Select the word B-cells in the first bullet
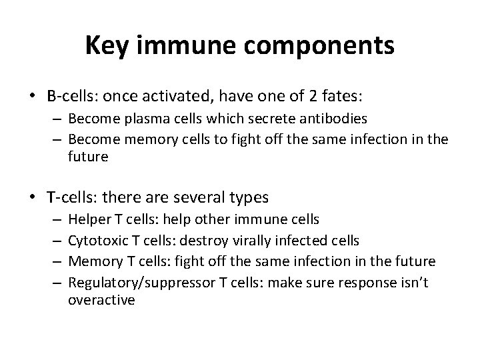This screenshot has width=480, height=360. tap(69, 97)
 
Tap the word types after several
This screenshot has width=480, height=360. tap(247, 198)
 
